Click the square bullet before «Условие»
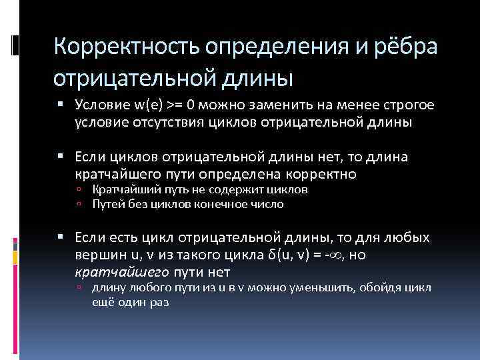61,105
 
